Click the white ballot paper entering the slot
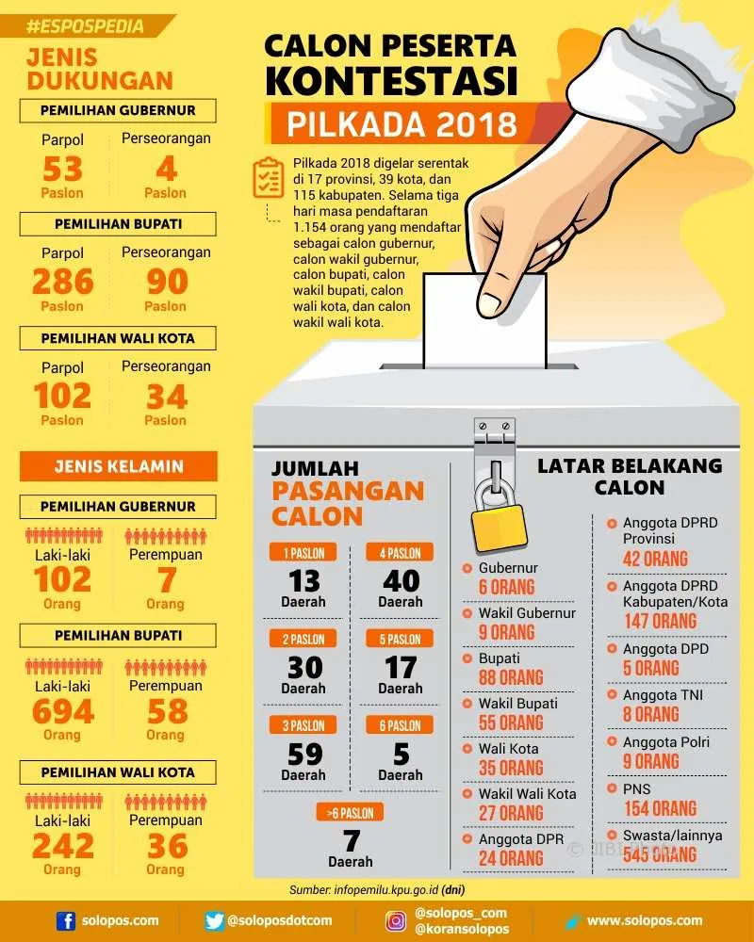(x=484, y=319)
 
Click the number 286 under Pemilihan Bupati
(x=63, y=281)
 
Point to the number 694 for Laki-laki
(x=63, y=711)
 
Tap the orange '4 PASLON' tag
(x=400, y=553)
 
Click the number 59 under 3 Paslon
(x=304, y=754)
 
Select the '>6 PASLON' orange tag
(x=350, y=813)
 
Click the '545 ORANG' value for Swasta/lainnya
(x=660, y=854)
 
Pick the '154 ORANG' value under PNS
(x=660, y=808)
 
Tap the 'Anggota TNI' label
(x=663, y=695)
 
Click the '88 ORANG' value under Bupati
(x=511, y=677)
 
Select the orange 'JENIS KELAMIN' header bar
(x=119, y=466)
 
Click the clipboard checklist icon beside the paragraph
(x=268, y=178)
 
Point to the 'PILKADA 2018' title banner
(x=402, y=123)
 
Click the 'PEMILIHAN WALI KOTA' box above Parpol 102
(x=118, y=338)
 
